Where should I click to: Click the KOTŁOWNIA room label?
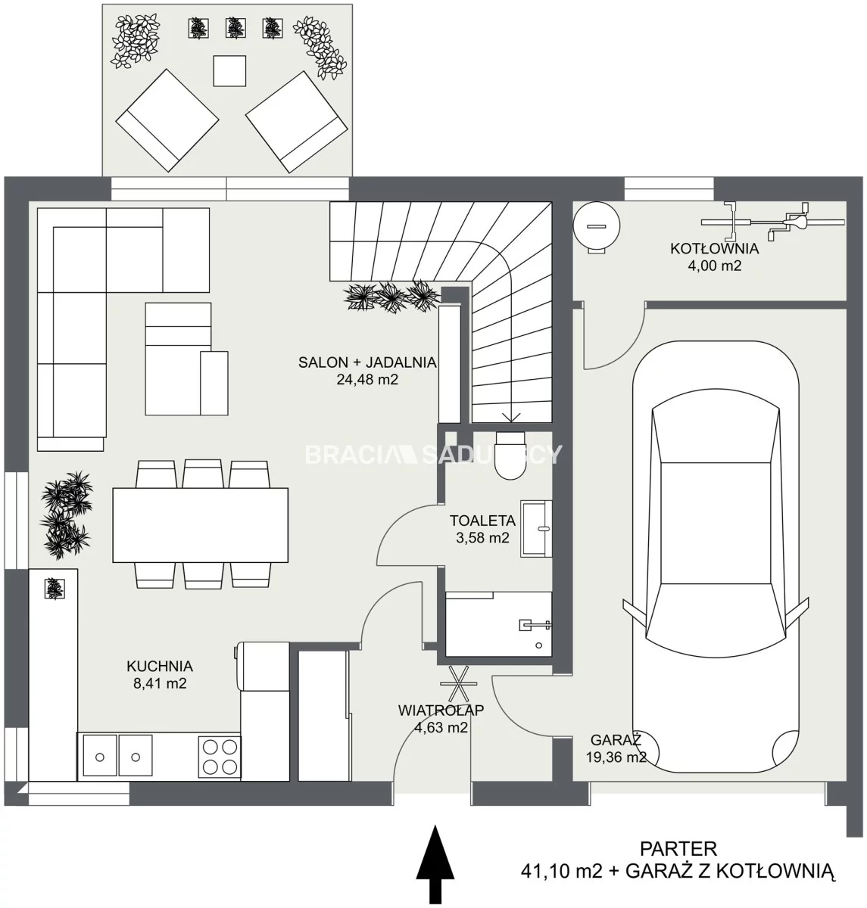715,248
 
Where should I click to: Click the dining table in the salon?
200,524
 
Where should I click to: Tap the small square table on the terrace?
229,70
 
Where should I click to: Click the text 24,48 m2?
367,380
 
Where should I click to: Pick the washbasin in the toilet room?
536,528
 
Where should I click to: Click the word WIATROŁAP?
441,710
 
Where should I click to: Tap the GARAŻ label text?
616,740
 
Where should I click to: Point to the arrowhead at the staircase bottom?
510,418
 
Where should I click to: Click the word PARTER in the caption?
678,849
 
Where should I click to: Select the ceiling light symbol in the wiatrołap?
458,683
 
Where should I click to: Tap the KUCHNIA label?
160,666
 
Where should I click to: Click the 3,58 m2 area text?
482,538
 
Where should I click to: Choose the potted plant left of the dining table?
66,515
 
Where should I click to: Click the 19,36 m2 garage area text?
616,757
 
